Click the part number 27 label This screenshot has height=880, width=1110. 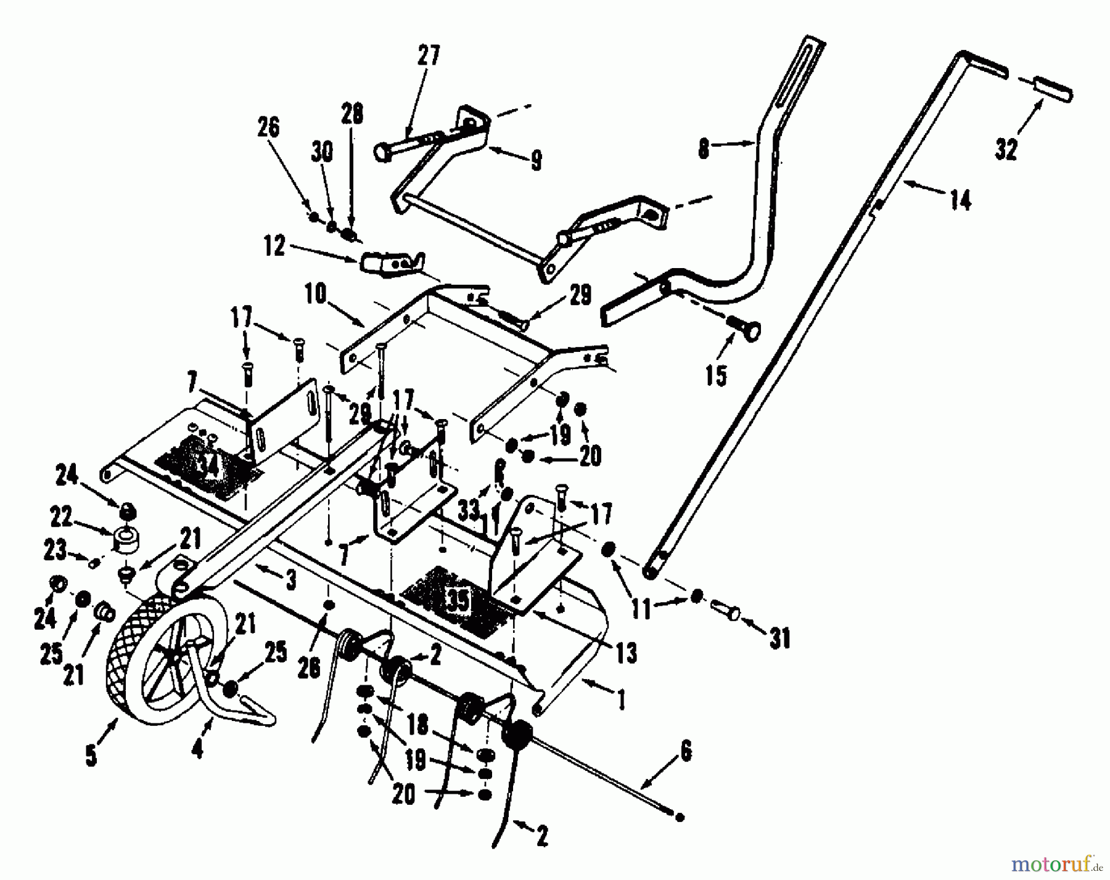point(429,55)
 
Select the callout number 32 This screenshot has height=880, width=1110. point(1006,150)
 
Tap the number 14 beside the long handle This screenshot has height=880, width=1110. point(961,200)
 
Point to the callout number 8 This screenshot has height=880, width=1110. point(704,150)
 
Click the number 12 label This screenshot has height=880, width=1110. point(274,247)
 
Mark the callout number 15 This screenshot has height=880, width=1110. point(716,375)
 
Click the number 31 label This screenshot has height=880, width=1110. point(781,639)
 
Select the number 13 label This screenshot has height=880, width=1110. point(627,653)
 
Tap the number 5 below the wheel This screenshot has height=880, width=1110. point(91,756)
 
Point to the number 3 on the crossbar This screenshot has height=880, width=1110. point(291,581)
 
